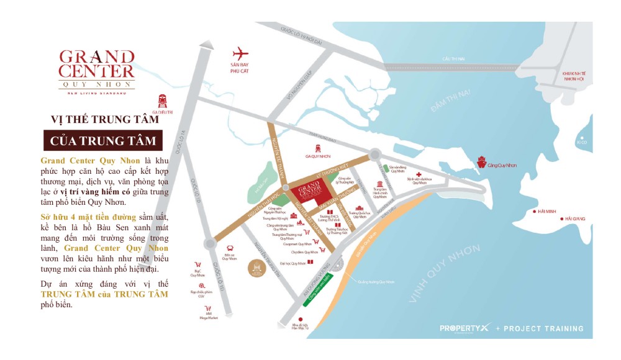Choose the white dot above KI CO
pos(582,138)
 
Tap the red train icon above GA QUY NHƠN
pos(319,148)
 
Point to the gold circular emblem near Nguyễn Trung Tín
pos(256,268)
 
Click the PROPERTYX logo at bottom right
pos(463,328)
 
